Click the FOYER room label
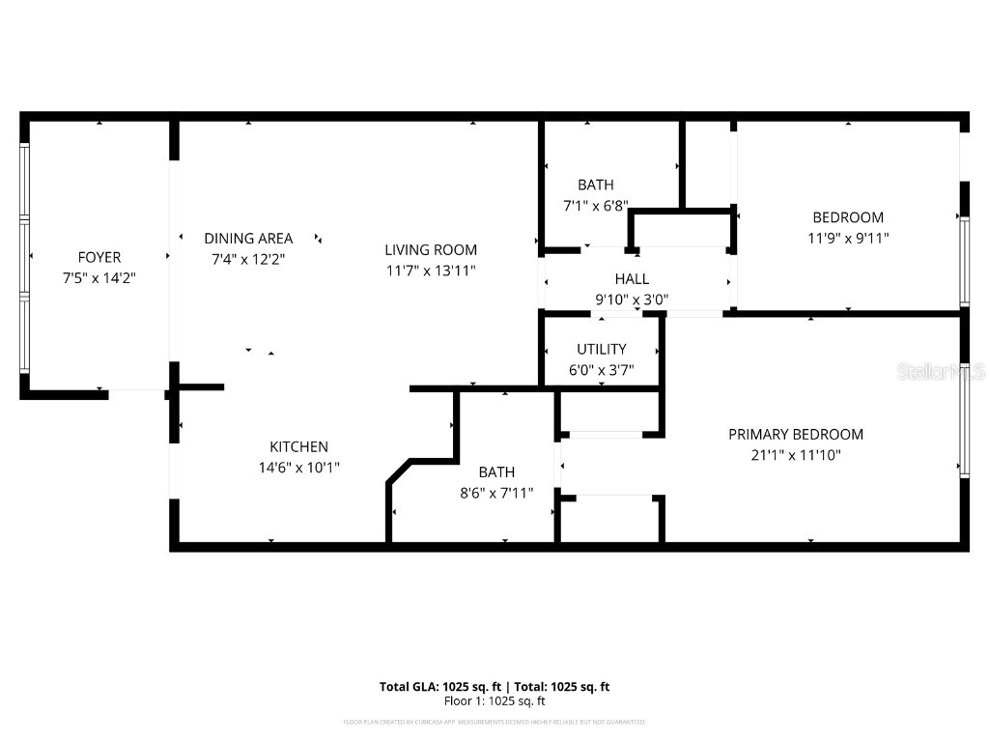click(99, 257)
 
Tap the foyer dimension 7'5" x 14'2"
click(99, 278)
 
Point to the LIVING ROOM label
click(431, 249)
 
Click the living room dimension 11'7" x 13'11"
click(431, 271)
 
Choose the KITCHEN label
click(298, 446)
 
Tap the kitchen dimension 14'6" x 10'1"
click(298, 468)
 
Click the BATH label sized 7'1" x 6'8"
click(596, 185)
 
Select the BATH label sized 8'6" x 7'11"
click(496, 472)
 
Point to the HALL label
click(632, 279)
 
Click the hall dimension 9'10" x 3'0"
click(632, 300)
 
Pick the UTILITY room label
click(602, 349)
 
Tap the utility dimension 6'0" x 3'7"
click(602, 370)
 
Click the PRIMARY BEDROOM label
click(796, 434)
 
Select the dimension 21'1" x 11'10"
click(796, 455)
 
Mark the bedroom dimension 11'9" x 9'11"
click(848, 238)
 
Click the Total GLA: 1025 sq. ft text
click(439, 687)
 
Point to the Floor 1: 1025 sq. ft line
click(494, 701)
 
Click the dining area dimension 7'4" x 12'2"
click(248, 259)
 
